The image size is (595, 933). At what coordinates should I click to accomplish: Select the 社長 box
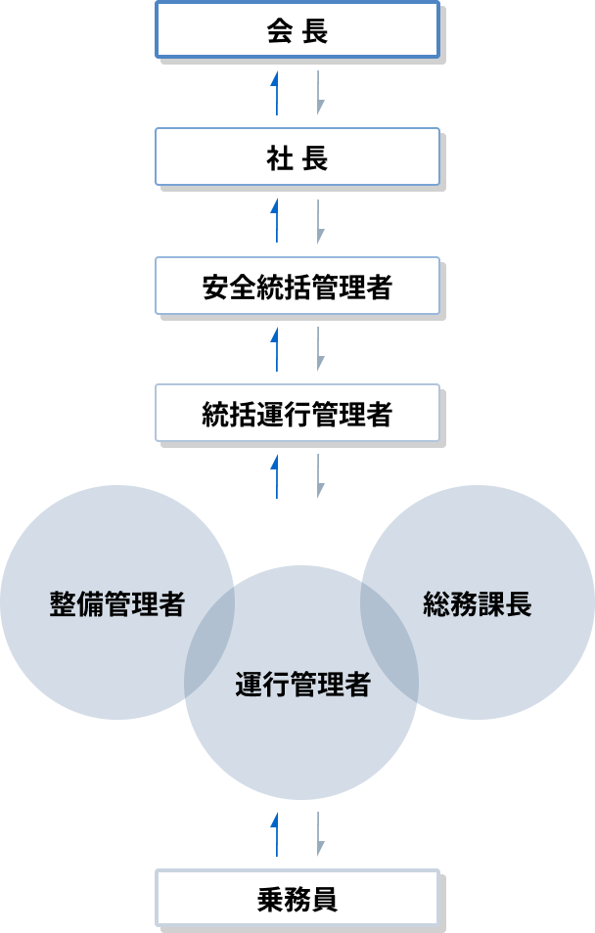(x=297, y=159)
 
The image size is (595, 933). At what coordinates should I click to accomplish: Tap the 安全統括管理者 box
(x=297, y=288)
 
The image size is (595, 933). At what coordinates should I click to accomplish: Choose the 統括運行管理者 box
(x=297, y=415)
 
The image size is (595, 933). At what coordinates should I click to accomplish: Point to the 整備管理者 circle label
(x=116, y=603)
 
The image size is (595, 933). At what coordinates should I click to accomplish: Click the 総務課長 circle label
(x=478, y=603)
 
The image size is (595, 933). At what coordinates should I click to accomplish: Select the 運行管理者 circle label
(x=302, y=685)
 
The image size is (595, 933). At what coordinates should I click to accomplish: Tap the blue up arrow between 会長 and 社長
(x=277, y=93)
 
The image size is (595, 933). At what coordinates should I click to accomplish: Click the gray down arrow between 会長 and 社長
(x=318, y=93)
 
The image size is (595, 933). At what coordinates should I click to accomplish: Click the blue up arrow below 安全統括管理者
(x=277, y=349)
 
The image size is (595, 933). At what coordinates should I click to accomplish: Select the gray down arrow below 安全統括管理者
(x=318, y=349)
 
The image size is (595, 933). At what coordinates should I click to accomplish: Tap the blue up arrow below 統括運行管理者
(x=277, y=476)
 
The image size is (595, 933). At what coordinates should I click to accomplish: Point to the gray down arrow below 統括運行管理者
(x=318, y=476)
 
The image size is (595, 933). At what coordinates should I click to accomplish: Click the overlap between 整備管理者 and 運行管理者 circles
(x=210, y=641)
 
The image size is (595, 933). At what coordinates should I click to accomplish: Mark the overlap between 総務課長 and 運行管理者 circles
(x=389, y=641)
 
